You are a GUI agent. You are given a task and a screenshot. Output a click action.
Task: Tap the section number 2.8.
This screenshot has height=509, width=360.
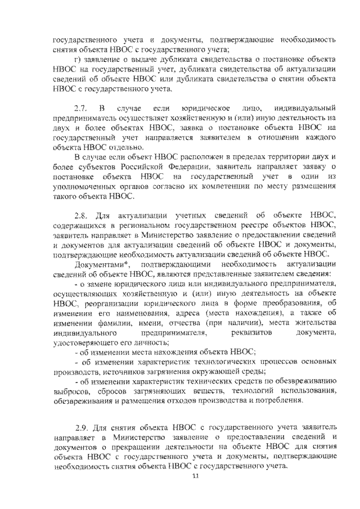(81, 216)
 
